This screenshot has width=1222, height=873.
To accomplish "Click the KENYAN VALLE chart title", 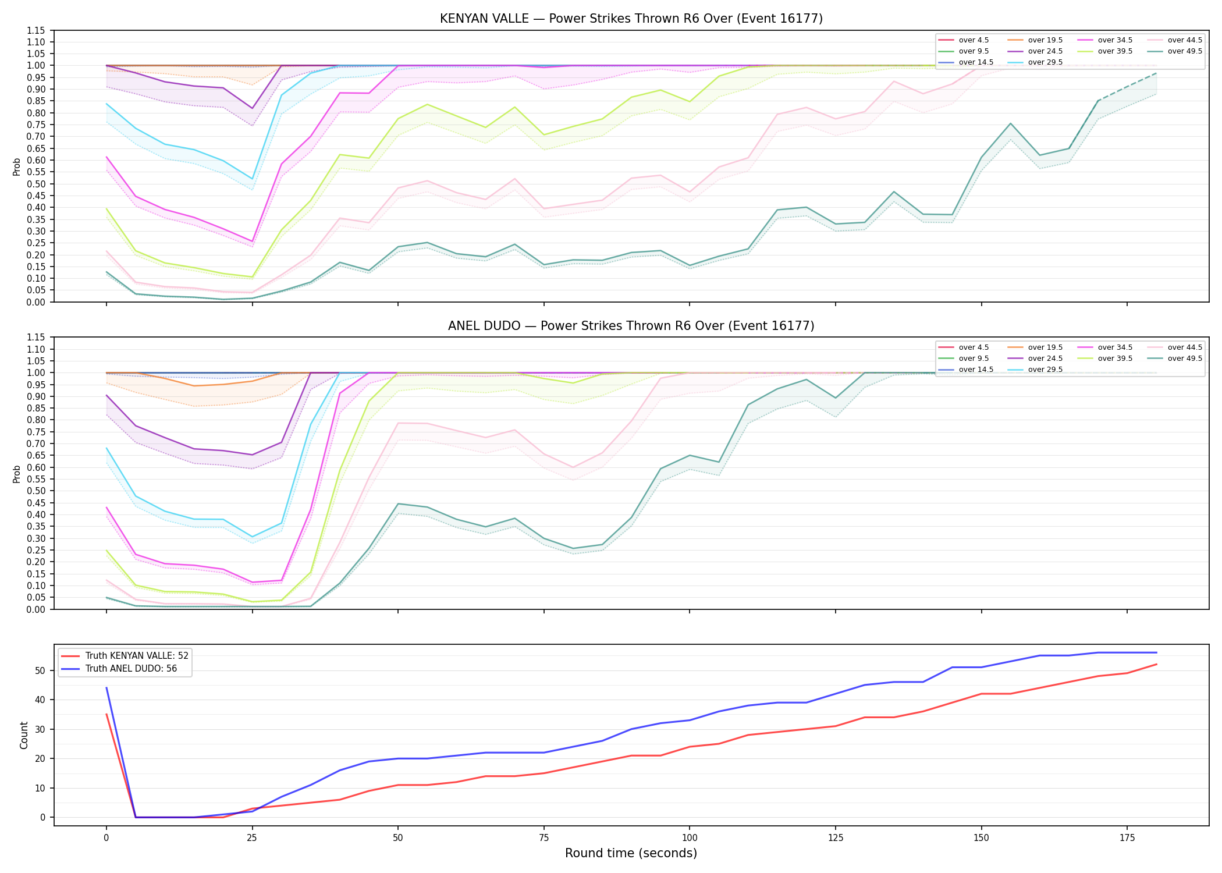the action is pyautogui.click(x=631, y=19).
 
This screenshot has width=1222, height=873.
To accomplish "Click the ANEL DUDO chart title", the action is pyautogui.click(x=631, y=326).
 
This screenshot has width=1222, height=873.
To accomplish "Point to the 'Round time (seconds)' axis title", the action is pyautogui.click(x=631, y=853).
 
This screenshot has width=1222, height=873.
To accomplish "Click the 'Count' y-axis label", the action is pyautogui.click(x=24, y=735).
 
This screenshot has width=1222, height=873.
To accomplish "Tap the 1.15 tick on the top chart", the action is pyautogui.click(x=36, y=30).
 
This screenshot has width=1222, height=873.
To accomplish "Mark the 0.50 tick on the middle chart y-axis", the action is pyautogui.click(x=36, y=491).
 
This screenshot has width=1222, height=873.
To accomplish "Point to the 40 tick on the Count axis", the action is pyautogui.click(x=41, y=700).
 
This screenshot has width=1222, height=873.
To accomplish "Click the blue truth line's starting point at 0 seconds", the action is pyautogui.click(x=106, y=688).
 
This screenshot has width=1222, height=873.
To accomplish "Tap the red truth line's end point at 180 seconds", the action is pyautogui.click(x=1156, y=665).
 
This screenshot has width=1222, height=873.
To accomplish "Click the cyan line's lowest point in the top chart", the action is pyautogui.click(x=252, y=179).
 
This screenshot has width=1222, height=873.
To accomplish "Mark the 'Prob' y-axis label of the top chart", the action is pyautogui.click(x=17, y=166).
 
